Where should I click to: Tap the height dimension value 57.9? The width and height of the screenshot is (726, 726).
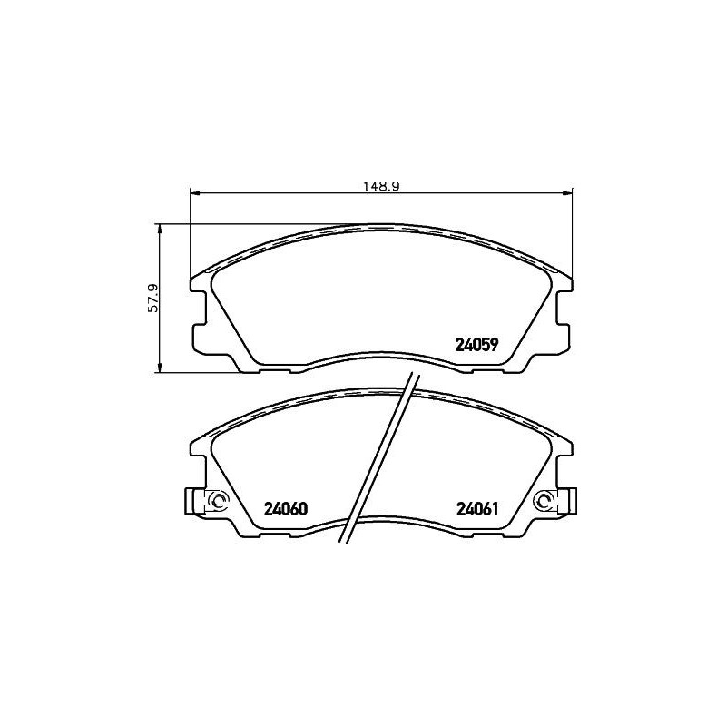153,297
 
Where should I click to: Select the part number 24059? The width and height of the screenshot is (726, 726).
476,345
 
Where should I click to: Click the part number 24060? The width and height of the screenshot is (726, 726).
286,509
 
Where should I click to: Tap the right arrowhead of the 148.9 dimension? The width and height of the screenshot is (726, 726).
569,191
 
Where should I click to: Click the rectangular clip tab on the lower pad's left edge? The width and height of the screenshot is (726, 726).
191,501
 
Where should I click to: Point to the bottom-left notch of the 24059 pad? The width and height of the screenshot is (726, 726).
272,368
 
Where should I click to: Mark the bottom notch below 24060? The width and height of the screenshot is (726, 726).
272,535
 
